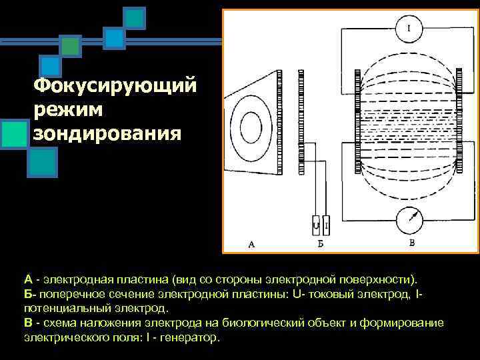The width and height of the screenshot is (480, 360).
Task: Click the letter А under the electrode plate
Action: click(251, 244)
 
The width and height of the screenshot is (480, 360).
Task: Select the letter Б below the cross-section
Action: click(320, 244)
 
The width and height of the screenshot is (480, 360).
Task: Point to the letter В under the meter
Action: click(411, 243)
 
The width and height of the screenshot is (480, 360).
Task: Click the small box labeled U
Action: click(315, 226)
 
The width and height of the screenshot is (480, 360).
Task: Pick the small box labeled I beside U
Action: click(325, 226)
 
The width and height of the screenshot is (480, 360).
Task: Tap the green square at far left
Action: click(14, 133)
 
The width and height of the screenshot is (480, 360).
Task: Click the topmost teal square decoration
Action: click(135, 18)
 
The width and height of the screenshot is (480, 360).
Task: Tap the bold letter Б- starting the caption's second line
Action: click(29, 294)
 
